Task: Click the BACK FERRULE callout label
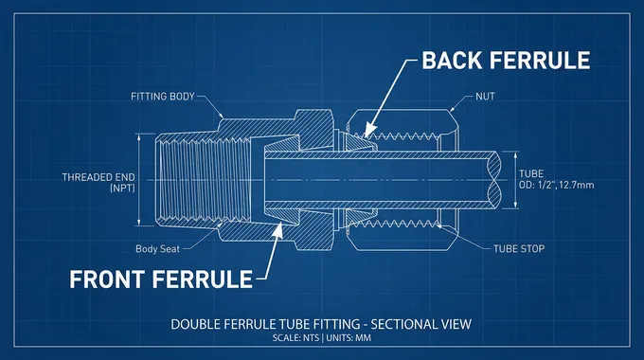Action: (506, 61)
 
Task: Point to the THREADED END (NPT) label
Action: (98, 183)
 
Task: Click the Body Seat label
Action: (158, 249)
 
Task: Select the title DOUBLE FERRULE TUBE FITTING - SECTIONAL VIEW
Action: (321, 324)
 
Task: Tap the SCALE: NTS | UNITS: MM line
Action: (321, 338)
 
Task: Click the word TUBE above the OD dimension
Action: (531, 172)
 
